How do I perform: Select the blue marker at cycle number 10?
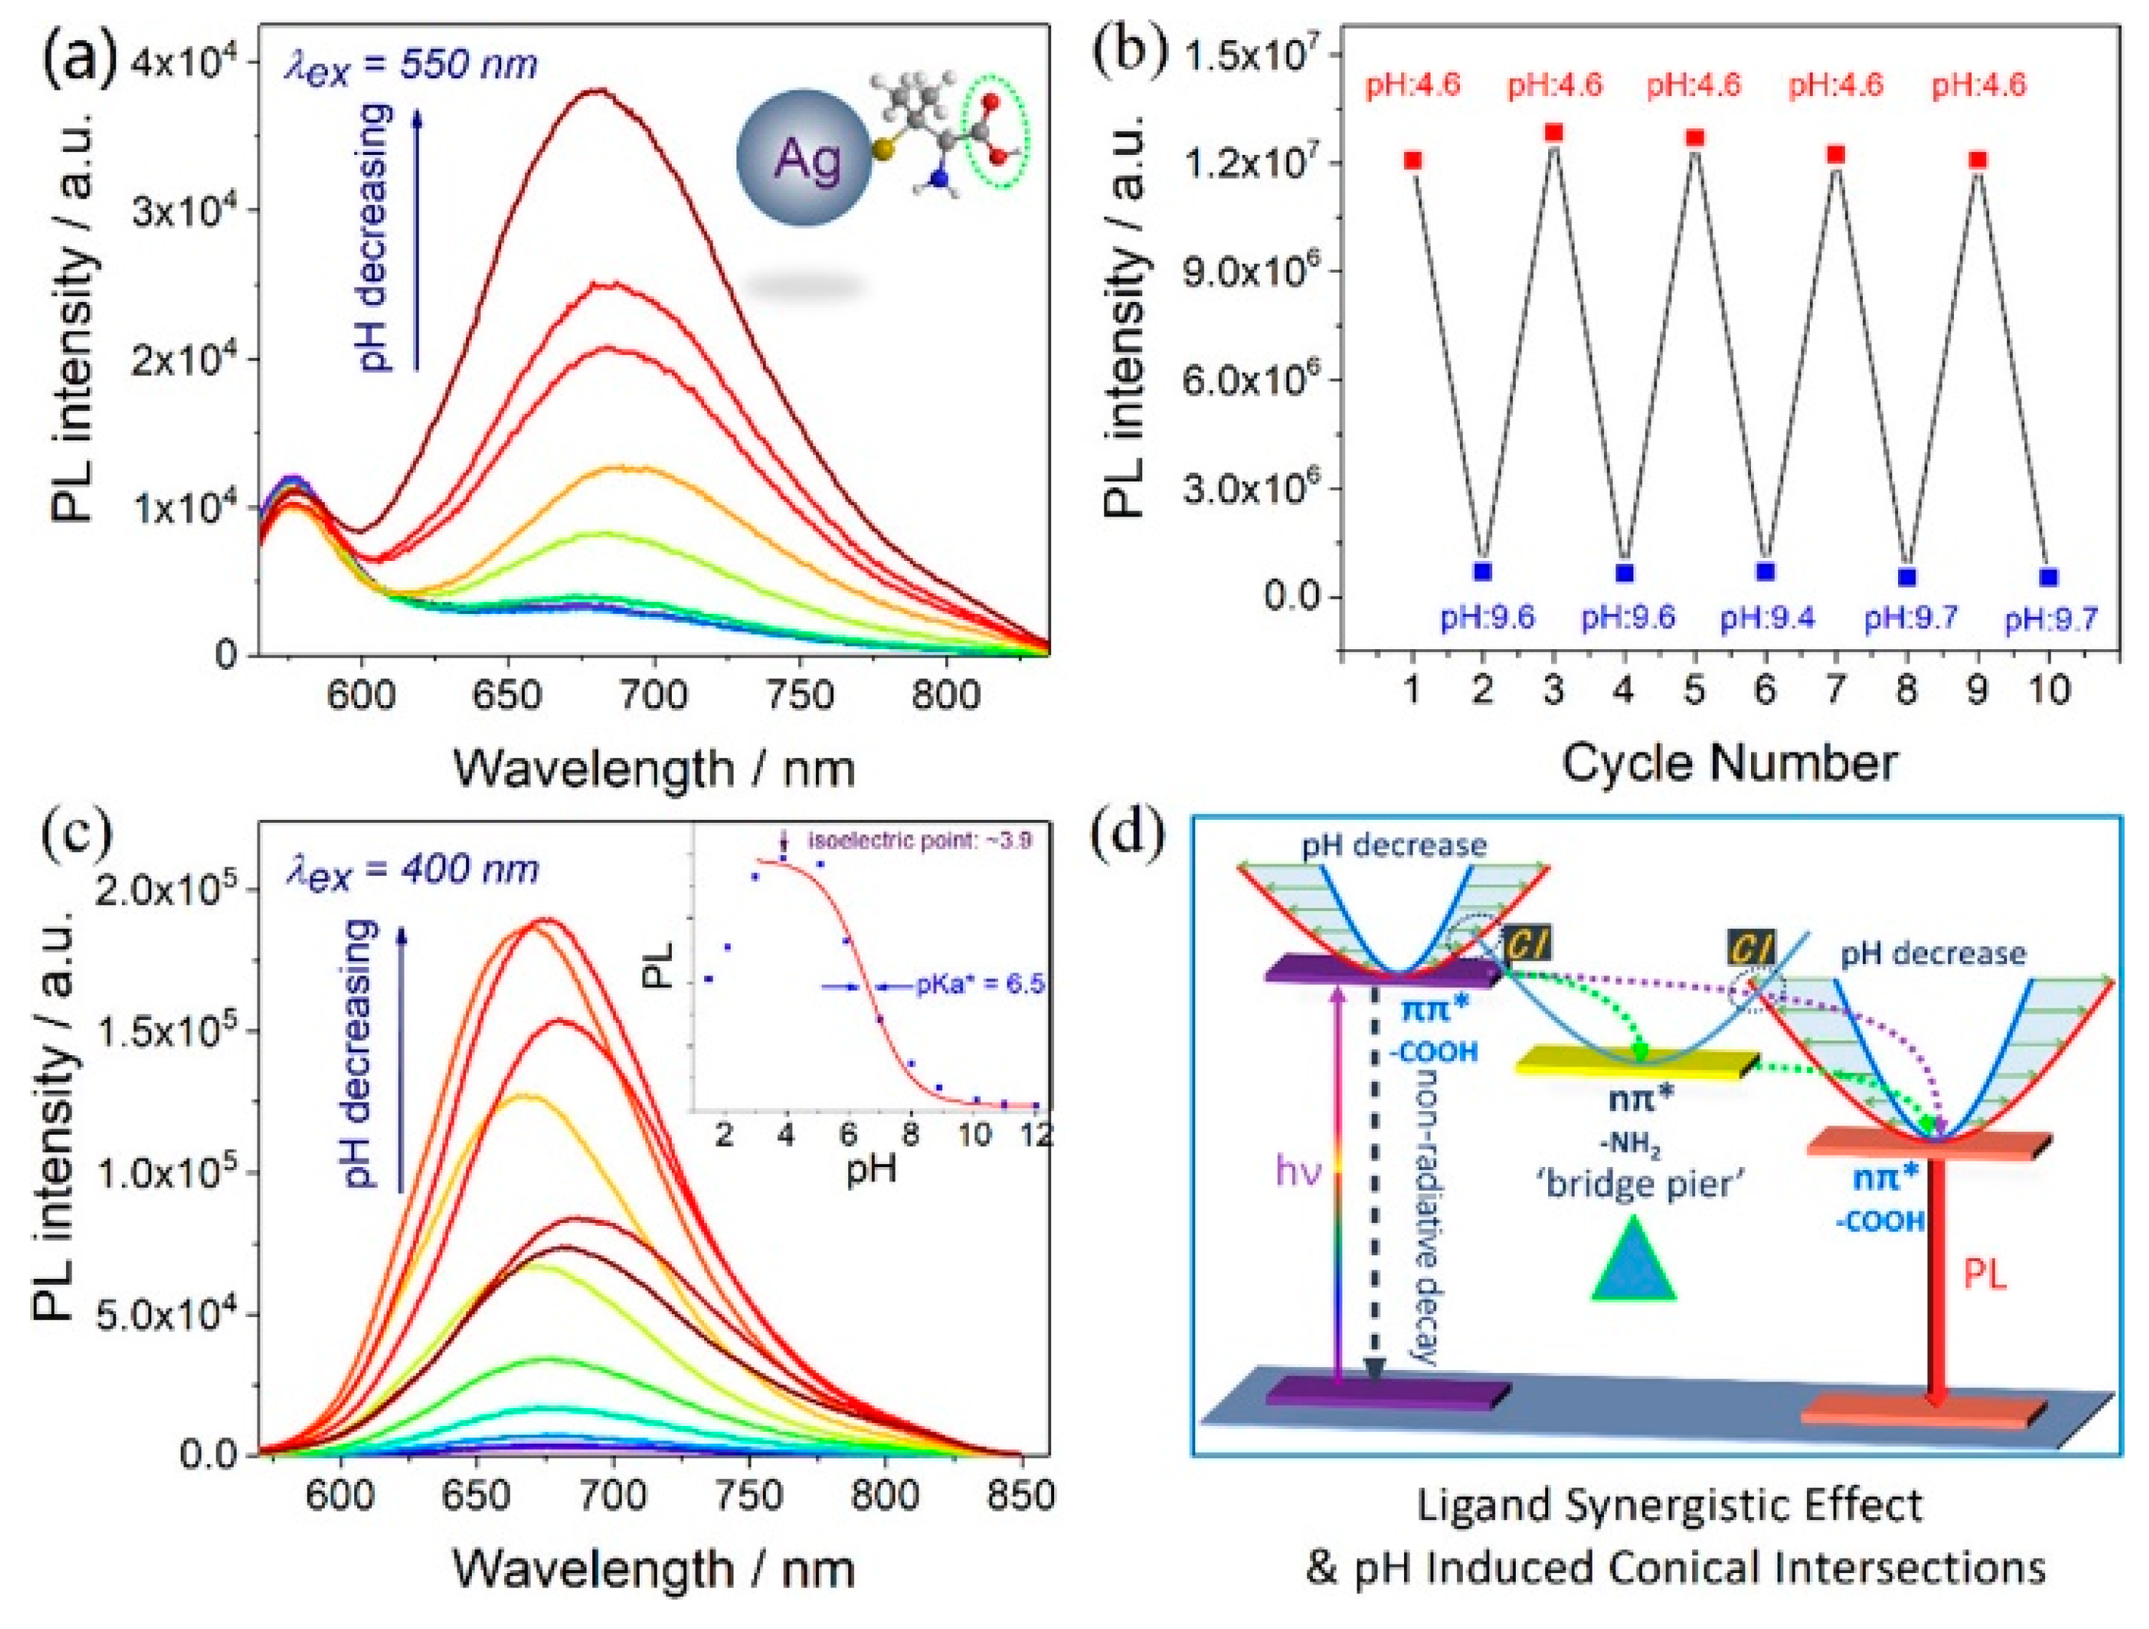click(x=2049, y=577)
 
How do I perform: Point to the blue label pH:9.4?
click(x=1768, y=618)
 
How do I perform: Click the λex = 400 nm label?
click(x=412, y=868)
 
